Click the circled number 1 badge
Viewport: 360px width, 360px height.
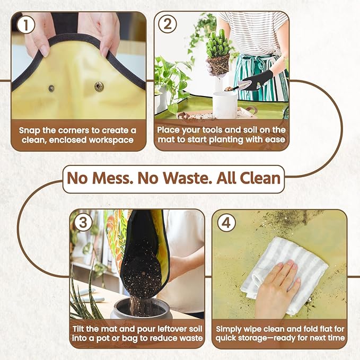[x=25, y=25]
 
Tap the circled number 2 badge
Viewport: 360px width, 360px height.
[x=168, y=24]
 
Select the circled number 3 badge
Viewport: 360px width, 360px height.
[x=83, y=223]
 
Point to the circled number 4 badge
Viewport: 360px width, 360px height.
[x=226, y=223]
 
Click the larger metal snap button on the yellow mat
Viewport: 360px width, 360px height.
[x=99, y=86]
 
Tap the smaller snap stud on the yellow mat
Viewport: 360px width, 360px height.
[x=51, y=88]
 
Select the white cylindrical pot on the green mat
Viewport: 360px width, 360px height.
[x=225, y=104]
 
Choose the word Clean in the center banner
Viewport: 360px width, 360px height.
[x=260, y=178]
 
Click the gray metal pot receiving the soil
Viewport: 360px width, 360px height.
[x=141, y=308]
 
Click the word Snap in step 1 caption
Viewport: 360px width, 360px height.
[x=30, y=131]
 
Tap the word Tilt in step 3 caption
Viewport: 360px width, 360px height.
[x=78, y=329]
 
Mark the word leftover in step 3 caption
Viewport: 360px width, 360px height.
[x=171, y=329]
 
